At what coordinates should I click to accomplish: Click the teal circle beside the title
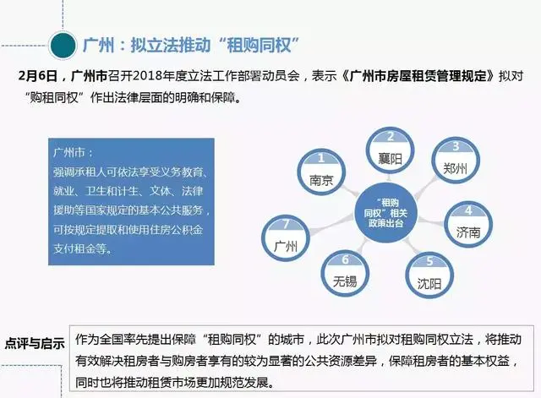tap(63, 45)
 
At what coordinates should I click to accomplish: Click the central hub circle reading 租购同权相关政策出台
tap(385, 212)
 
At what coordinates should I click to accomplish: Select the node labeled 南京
tap(321, 172)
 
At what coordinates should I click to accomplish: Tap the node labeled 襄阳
tap(390, 150)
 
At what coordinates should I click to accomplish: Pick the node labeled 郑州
tap(456, 161)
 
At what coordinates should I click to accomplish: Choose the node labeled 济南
tap(467, 224)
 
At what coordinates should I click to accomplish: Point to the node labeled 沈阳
tap(429, 275)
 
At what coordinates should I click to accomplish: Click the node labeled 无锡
tap(345, 274)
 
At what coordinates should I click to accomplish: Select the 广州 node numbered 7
tap(286, 238)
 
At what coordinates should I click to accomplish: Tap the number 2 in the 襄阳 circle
tap(391, 137)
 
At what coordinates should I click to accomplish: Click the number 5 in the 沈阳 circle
tap(429, 261)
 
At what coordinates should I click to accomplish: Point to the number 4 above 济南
tap(468, 210)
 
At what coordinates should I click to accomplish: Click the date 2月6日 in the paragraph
tap(37, 76)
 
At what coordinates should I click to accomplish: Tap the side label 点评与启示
tap(35, 344)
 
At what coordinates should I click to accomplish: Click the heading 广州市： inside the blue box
tap(74, 152)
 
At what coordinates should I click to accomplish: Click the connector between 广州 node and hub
tap(332, 226)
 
